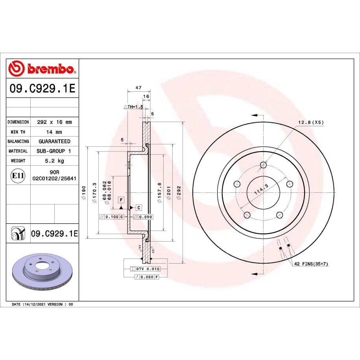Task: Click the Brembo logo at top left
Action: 42,68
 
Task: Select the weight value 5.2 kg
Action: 54,161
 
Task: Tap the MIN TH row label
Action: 18,132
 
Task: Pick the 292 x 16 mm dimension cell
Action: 54,122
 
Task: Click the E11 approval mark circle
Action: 18,175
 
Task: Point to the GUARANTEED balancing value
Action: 54,141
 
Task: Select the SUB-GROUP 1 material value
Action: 54,151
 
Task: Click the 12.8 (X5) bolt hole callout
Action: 311,122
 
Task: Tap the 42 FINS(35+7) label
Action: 311,264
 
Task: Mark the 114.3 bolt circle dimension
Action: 261,189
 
